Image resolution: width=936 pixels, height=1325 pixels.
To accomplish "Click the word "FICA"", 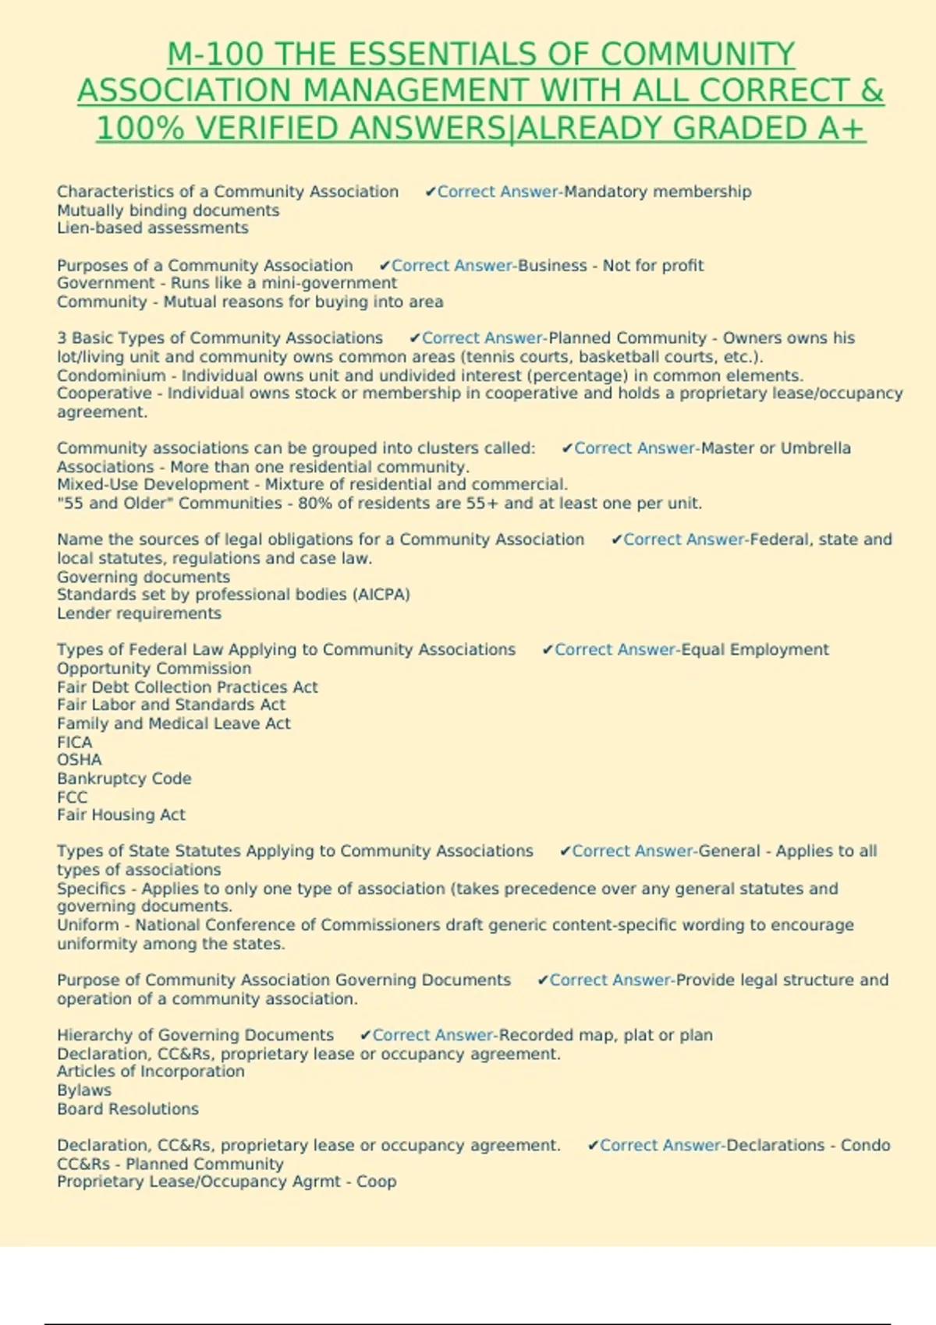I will [74, 742].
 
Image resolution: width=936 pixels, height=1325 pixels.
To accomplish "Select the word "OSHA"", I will [79, 760].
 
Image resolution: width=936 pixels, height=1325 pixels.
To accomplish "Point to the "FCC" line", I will [72, 797].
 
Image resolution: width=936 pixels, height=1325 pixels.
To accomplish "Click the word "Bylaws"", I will [83, 1090].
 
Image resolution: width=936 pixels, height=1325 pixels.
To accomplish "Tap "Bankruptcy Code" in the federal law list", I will [123, 779].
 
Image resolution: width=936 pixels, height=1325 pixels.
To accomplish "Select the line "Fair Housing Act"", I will [121, 815].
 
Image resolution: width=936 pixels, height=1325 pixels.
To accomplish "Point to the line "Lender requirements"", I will [139, 613].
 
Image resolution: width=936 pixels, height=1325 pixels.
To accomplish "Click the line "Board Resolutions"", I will [127, 1109].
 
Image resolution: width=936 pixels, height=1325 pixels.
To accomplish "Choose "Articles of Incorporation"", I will [151, 1072].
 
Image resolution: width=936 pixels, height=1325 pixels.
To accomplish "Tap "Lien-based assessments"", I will [152, 228].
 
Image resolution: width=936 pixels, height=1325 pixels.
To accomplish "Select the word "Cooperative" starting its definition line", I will [104, 394].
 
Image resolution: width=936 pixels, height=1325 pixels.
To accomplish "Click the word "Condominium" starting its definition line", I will [111, 376].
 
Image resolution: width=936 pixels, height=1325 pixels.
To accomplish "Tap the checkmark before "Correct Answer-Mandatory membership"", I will [430, 192].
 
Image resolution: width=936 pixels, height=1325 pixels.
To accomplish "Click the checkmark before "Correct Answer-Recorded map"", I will [365, 1035].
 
